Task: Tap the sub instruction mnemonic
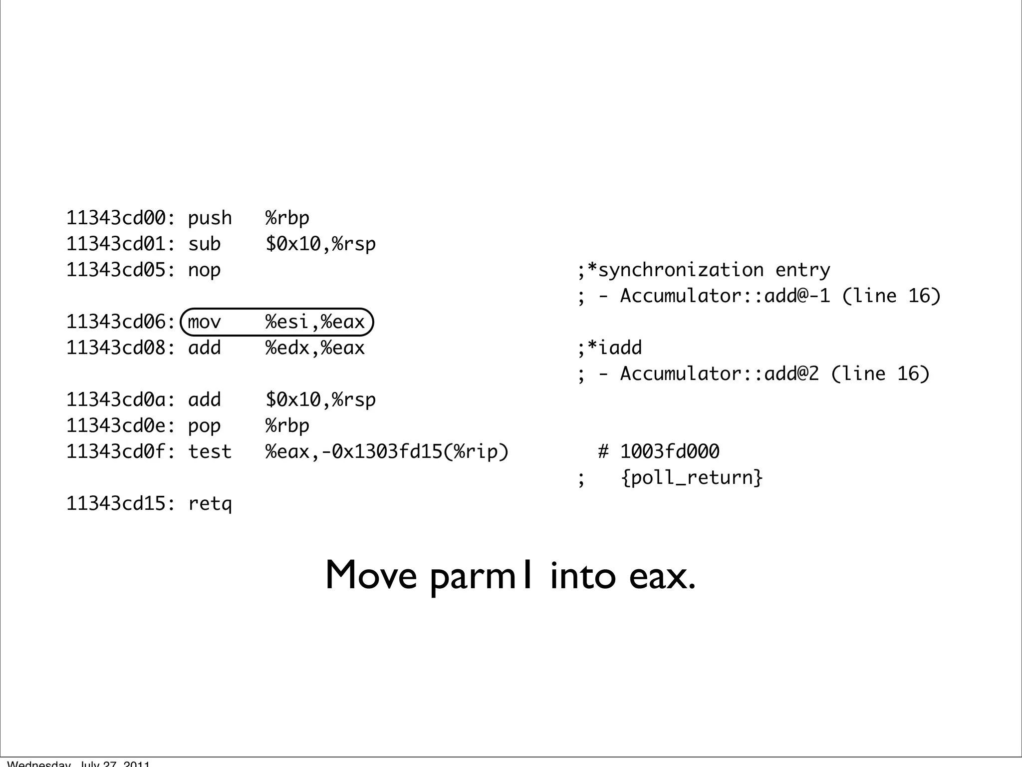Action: [x=204, y=244]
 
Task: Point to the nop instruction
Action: [x=204, y=270]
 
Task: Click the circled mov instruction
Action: [x=204, y=322]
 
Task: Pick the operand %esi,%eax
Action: [x=315, y=322]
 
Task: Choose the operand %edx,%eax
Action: [x=315, y=348]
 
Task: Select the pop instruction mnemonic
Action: [x=204, y=426]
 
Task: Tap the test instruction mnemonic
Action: [x=210, y=452]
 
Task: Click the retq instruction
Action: [x=210, y=504]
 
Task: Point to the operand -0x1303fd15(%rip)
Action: [x=415, y=452]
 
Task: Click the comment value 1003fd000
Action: [x=670, y=452]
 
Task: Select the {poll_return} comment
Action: [x=692, y=478]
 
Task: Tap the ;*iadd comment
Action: [x=610, y=348]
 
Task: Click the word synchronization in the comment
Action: [x=681, y=270]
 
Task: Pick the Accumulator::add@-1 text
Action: [x=725, y=296]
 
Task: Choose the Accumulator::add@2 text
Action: [x=720, y=374]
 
